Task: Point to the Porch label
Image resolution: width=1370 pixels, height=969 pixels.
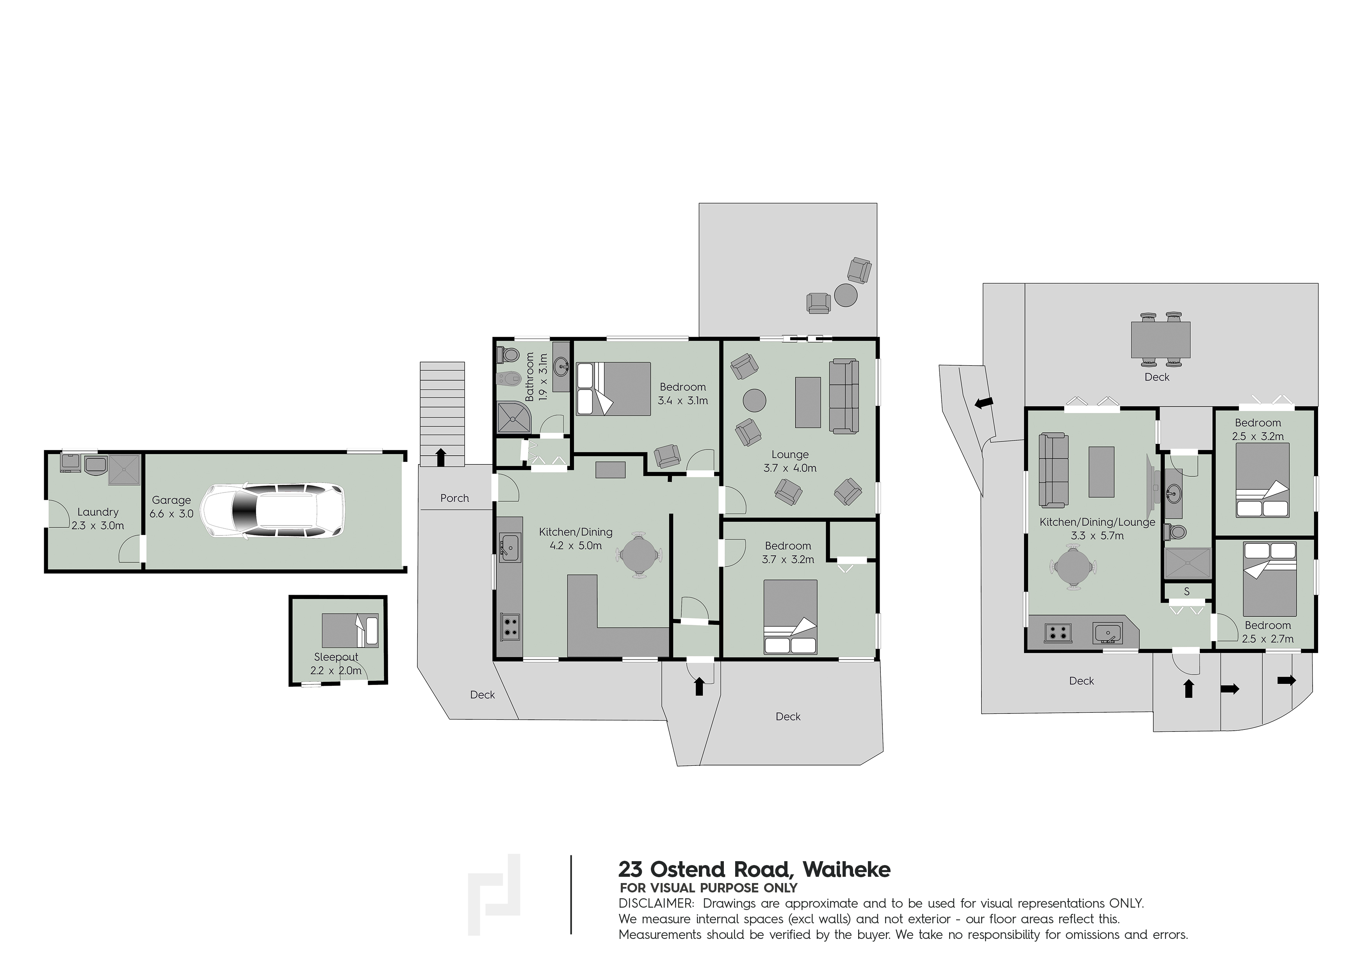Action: tap(455, 498)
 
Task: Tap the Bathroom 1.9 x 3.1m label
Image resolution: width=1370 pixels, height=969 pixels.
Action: tap(536, 376)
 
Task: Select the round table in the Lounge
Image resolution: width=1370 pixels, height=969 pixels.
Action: tap(755, 400)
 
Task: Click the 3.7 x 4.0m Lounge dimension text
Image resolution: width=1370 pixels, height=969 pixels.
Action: tap(790, 468)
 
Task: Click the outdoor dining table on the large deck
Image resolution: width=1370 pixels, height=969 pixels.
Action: tap(1161, 340)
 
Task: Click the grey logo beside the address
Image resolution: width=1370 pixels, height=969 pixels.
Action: tap(494, 894)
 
